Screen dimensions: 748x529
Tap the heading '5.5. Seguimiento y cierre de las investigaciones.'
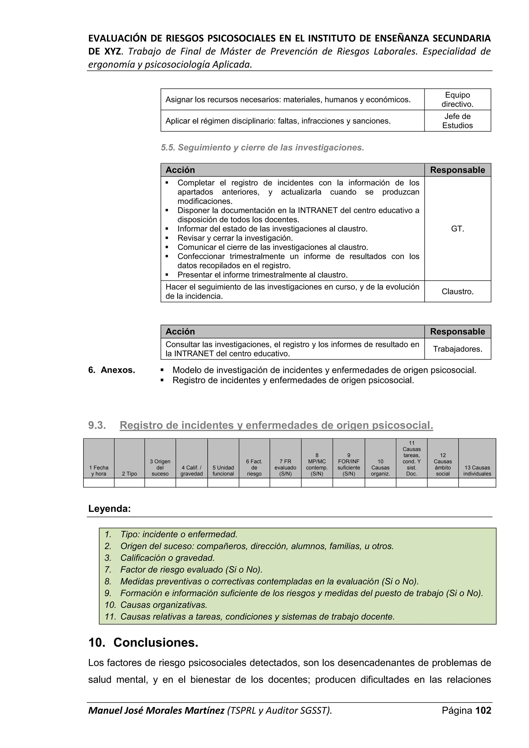(262, 147)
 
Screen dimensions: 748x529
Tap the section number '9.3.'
(97, 425)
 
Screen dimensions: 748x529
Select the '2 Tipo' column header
(129, 474)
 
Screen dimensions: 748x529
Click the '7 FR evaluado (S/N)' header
(285, 467)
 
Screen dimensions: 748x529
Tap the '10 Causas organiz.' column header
(380, 467)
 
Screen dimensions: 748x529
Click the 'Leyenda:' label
(110, 509)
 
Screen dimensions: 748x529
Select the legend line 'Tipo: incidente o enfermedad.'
(178, 534)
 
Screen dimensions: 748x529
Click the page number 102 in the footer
(483, 710)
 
